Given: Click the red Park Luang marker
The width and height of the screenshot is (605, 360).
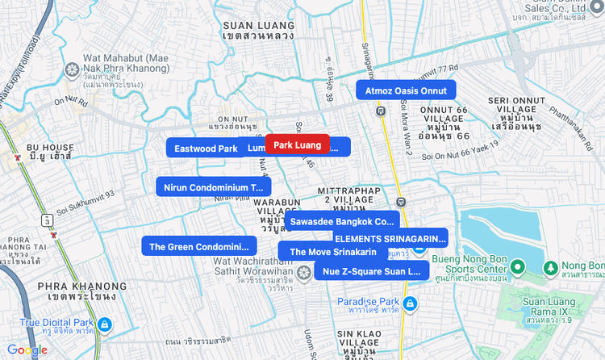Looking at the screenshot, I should coord(297,145).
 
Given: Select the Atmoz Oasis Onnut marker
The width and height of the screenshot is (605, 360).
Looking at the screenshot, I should coord(406,90).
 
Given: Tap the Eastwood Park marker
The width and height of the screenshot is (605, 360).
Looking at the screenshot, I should coord(205,148).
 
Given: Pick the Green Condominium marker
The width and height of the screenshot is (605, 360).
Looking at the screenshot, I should coord(198,246).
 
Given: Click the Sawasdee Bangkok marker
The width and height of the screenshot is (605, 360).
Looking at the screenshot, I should coord(343,220).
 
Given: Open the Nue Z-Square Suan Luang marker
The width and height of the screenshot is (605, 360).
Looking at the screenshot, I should coord(371,271).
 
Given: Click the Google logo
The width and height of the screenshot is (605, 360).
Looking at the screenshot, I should coord(27,350).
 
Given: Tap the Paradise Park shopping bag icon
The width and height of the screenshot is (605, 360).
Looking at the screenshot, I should coord(410,303).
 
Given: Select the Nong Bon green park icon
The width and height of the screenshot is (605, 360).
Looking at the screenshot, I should coord(550,267).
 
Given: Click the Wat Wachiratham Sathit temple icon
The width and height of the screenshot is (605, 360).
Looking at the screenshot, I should coord(303,273).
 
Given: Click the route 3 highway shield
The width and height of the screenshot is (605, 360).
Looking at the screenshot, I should coord(48,220).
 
